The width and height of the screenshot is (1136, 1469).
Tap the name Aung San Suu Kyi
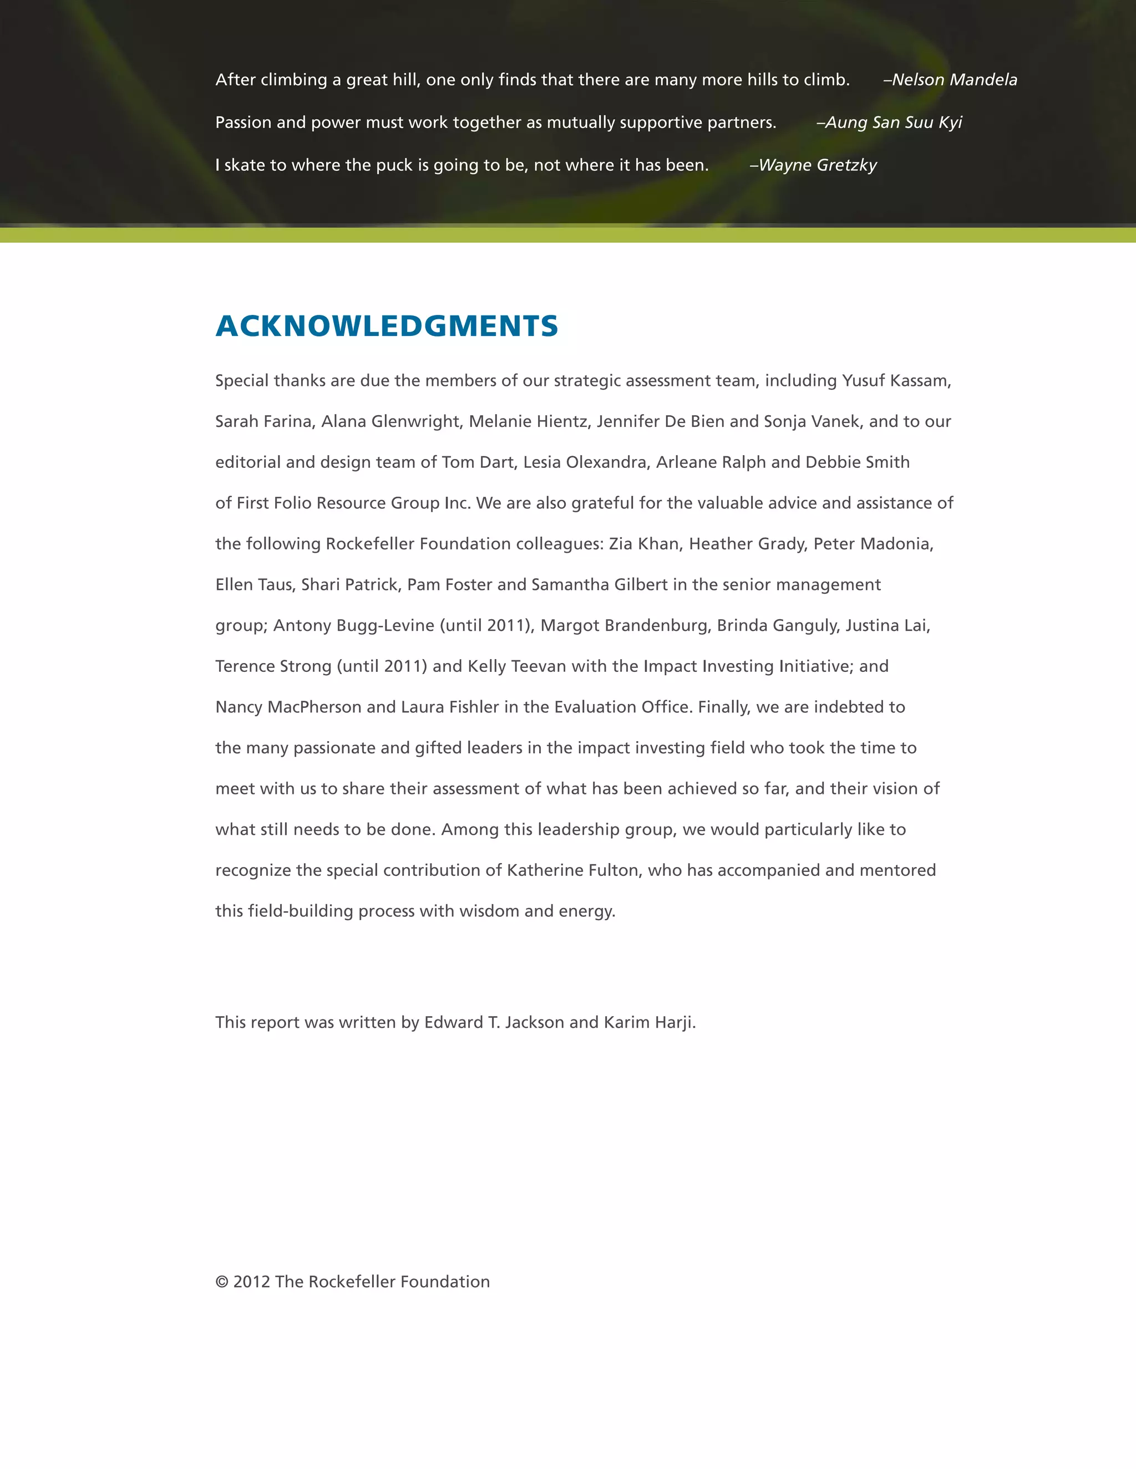(x=893, y=123)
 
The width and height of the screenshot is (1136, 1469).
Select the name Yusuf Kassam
(x=896, y=381)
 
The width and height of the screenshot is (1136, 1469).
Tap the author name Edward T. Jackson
(x=494, y=1022)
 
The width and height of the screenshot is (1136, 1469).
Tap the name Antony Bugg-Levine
(x=354, y=625)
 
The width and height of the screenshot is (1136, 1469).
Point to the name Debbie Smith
(x=858, y=463)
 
